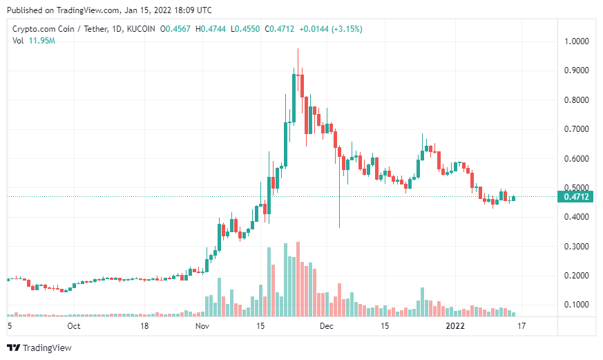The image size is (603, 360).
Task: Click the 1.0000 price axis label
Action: [x=577, y=41]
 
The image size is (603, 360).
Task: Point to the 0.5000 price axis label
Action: [x=577, y=188]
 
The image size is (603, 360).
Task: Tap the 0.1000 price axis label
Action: [x=577, y=305]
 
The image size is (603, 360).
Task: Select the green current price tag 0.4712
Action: [x=576, y=197]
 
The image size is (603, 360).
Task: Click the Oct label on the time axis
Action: [x=74, y=325]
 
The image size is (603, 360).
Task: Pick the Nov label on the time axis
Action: [x=202, y=325]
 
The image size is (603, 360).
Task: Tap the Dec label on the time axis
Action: [x=327, y=325]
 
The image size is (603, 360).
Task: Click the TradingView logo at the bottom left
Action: [x=39, y=348]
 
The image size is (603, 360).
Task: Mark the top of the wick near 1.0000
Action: [x=298, y=50]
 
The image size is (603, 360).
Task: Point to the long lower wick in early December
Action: [x=340, y=207]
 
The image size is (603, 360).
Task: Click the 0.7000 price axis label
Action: [x=577, y=129]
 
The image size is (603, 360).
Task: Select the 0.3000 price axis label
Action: [x=577, y=247]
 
